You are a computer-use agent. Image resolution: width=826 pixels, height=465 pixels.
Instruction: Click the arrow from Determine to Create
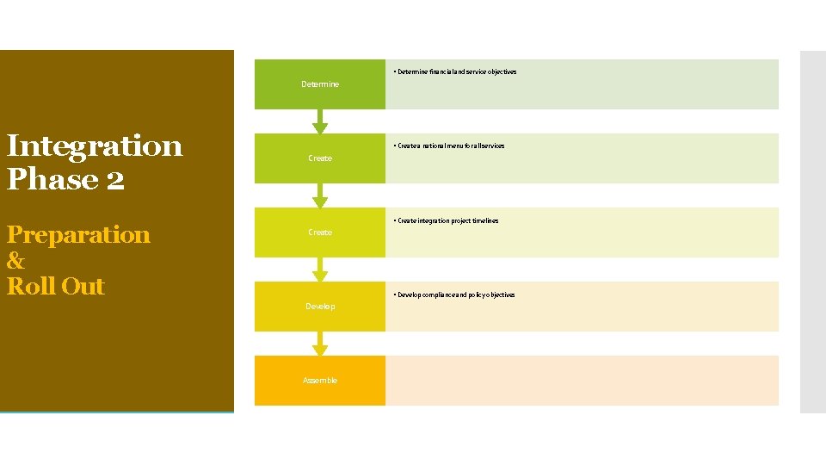(x=320, y=121)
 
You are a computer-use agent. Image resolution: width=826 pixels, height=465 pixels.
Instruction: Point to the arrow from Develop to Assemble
(x=320, y=344)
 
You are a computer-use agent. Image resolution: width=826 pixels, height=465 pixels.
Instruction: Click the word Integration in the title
(x=95, y=146)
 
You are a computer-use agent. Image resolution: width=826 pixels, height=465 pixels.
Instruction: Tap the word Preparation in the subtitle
(x=78, y=234)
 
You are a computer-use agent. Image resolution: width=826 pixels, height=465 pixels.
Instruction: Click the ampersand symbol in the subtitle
(x=15, y=261)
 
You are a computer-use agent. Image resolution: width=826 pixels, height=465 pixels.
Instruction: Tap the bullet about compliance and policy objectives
(x=453, y=294)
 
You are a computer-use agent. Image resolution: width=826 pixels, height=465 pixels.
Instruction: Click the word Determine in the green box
(x=320, y=84)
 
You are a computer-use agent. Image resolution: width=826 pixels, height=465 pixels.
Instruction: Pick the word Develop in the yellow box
(x=320, y=307)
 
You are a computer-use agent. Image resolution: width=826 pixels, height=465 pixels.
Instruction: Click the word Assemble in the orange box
(x=320, y=381)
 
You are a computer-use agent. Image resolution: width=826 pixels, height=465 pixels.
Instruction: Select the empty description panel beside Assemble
(x=582, y=381)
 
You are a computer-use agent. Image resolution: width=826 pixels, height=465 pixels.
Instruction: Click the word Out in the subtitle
(x=83, y=286)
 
